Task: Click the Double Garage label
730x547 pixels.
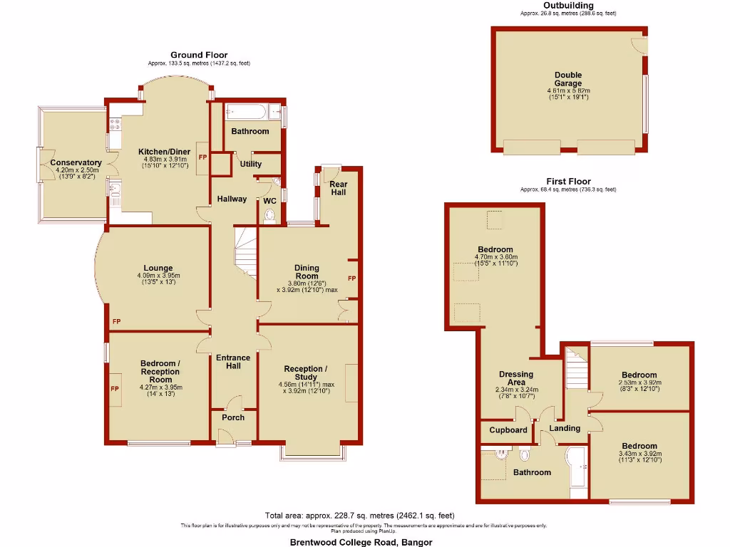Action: pos(568,79)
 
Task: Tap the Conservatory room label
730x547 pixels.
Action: pos(76,162)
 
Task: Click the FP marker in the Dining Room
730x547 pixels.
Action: pos(351,278)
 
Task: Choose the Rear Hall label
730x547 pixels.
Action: pos(338,187)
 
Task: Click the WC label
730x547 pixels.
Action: pos(269,201)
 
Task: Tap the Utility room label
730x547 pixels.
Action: pos(251,164)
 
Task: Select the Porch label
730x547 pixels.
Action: pos(233,417)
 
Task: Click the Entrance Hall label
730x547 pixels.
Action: pos(233,361)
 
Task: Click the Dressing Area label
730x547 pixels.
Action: pos(516,378)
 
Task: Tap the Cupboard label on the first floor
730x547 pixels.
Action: pos(508,429)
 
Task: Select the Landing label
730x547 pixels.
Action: pos(565,428)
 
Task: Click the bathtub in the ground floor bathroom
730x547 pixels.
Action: pos(246,113)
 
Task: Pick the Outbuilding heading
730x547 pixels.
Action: pos(567,6)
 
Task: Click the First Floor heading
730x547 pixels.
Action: pos(567,182)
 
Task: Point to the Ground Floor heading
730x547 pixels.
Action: pos(199,55)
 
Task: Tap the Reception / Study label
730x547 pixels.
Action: pos(305,373)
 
